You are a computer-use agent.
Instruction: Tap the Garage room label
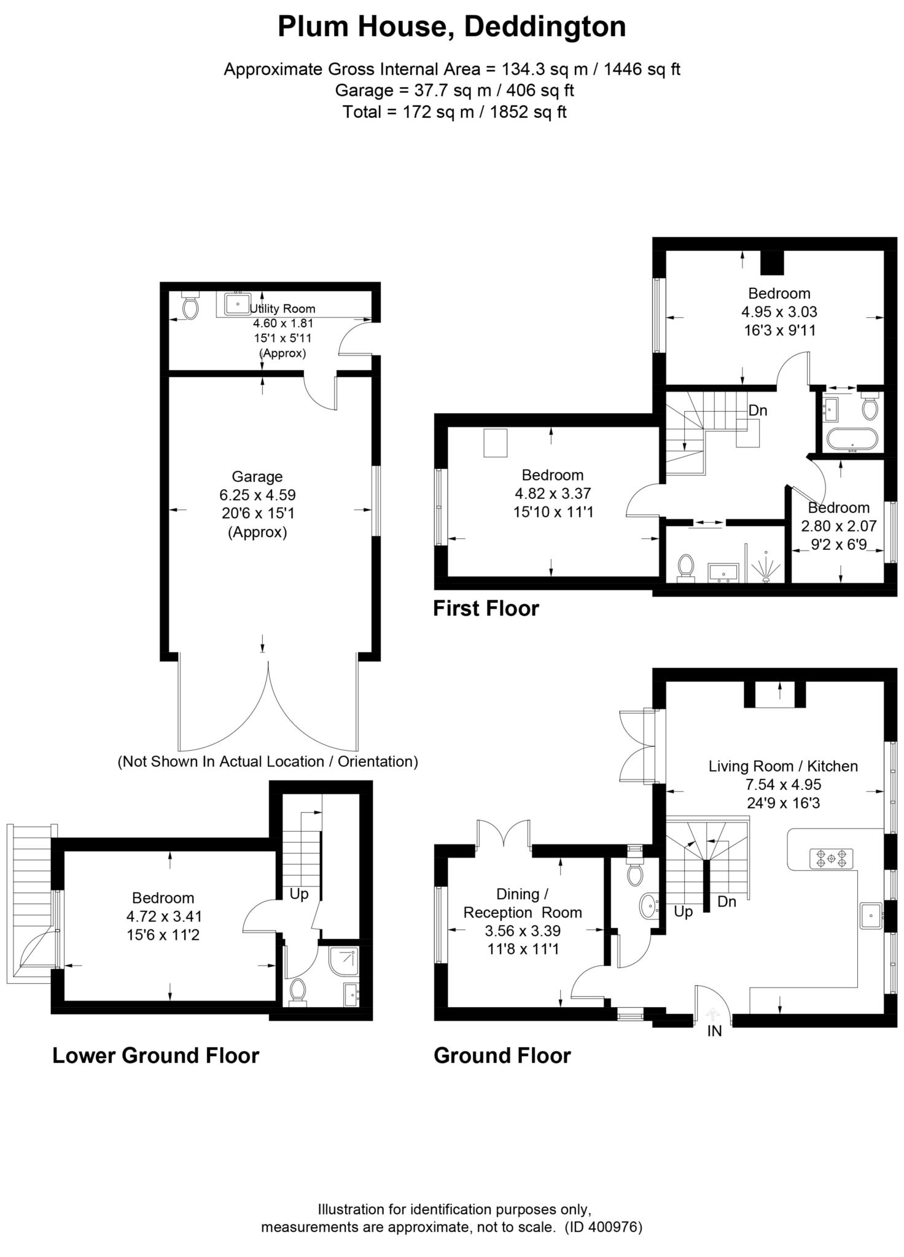coord(257,476)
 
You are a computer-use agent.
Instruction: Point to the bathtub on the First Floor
coord(853,439)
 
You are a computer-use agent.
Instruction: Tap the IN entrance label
coord(714,1031)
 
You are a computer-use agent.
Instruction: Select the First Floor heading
coord(486,608)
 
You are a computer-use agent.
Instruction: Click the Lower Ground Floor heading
coord(156,1056)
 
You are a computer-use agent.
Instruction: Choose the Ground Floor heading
coord(502,1056)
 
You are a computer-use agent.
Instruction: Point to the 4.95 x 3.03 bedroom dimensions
coord(779,312)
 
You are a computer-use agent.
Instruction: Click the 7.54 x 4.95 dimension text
coord(783,784)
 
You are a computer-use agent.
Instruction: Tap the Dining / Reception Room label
coord(523,903)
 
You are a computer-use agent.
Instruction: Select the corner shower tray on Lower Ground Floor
coord(344,962)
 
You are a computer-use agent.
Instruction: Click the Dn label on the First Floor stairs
coord(758,410)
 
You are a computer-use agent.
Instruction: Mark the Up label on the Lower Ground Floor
coord(299,894)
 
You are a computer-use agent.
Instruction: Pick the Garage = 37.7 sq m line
coord(454,91)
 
